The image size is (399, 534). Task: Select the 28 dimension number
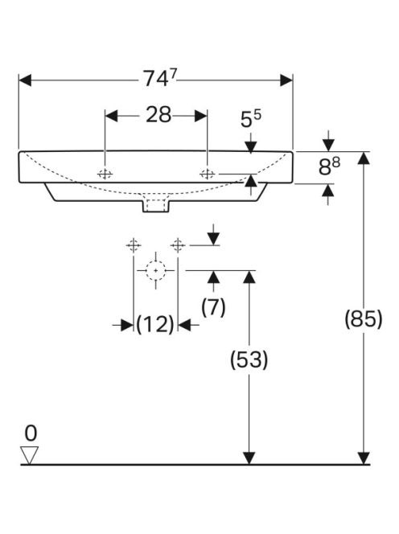(x=158, y=115)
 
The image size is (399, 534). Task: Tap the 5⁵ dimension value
(x=250, y=118)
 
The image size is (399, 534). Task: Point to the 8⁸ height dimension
(x=329, y=166)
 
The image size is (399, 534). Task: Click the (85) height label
(x=364, y=319)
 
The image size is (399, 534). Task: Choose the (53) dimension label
(x=249, y=359)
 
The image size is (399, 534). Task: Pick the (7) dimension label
(x=213, y=307)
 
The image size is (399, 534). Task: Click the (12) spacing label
(x=155, y=324)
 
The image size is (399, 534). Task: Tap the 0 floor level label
(x=31, y=433)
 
